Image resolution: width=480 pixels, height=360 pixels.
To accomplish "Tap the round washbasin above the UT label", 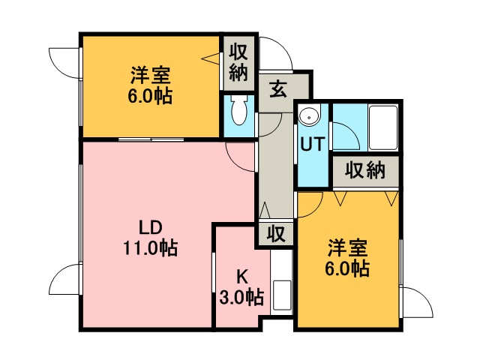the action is pyautogui.click(x=309, y=116).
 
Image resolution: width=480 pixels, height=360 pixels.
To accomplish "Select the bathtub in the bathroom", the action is pyautogui.click(x=383, y=127).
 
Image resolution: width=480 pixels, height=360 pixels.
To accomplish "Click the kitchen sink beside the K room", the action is pyautogui.click(x=282, y=295).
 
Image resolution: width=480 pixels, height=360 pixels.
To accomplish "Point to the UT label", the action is pyautogui.click(x=312, y=144).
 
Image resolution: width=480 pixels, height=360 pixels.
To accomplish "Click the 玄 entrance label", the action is pyautogui.click(x=278, y=88).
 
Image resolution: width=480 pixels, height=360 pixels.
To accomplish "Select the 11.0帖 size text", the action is pyautogui.click(x=150, y=247).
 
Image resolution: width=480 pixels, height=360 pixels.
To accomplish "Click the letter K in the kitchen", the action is pyautogui.click(x=242, y=277).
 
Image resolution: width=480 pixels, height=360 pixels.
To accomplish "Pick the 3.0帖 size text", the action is pyautogui.click(x=241, y=297).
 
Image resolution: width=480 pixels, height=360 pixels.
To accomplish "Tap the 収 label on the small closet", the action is pyautogui.click(x=276, y=233).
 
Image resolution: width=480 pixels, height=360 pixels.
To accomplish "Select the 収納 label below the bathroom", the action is pyautogui.click(x=365, y=170).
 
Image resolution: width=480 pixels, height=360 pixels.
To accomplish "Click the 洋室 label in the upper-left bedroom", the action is pyautogui.click(x=151, y=75).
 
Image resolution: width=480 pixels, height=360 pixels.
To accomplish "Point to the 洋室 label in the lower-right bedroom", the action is pyautogui.click(x=347, y=248).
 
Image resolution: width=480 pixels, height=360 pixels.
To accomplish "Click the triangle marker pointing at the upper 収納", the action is pyautogui.click(x=211, y=58).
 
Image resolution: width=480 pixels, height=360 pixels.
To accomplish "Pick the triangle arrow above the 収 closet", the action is pyautogui.click(x=265, y=210).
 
